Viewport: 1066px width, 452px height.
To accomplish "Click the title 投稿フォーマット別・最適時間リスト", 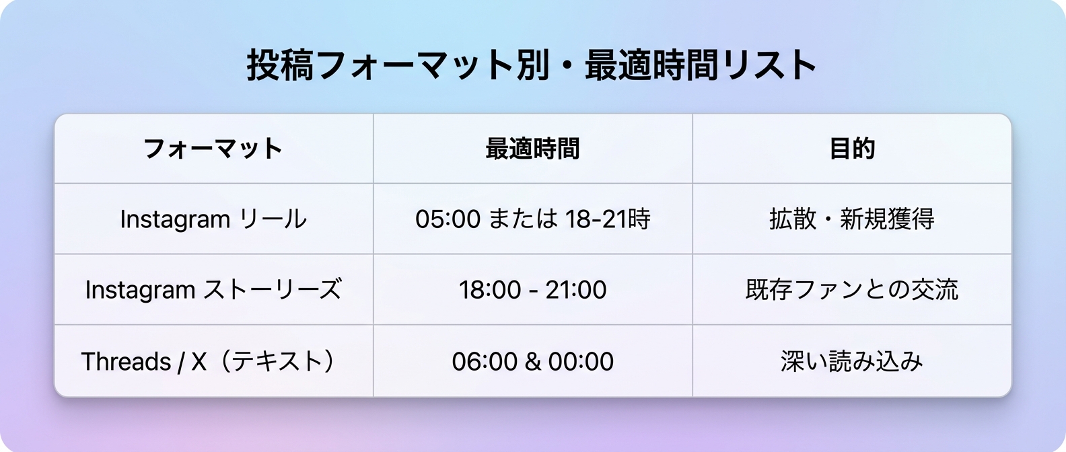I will (532, 65).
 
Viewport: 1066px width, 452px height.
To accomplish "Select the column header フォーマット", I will (213, 149).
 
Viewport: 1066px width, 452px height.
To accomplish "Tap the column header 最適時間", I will (532, 149).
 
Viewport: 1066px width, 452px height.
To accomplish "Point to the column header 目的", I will (851, 149).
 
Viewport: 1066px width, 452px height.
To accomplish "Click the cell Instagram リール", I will (213, 219).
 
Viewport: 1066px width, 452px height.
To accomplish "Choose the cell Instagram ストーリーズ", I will (213, 290).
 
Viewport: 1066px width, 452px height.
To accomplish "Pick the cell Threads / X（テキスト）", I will (209, 362).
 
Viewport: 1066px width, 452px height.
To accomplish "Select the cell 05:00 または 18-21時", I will (532, 219).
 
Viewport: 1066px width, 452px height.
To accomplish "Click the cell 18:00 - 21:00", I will (532, 290).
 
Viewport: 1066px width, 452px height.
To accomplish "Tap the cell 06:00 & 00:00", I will (532, 362).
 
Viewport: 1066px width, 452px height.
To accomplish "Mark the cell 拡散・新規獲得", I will (851, 219).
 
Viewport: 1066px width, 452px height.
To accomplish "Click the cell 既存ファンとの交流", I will (851, 290).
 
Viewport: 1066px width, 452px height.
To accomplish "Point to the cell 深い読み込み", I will (851, 362).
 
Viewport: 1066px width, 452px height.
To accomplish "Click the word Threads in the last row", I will (126, 362).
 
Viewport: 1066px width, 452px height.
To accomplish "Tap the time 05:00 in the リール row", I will (448, 219).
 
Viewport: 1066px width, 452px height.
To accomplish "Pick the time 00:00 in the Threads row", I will (581, 362).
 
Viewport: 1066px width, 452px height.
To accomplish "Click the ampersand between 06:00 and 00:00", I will (532, 362).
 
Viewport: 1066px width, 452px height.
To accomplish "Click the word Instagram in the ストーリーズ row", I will (140, 290).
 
